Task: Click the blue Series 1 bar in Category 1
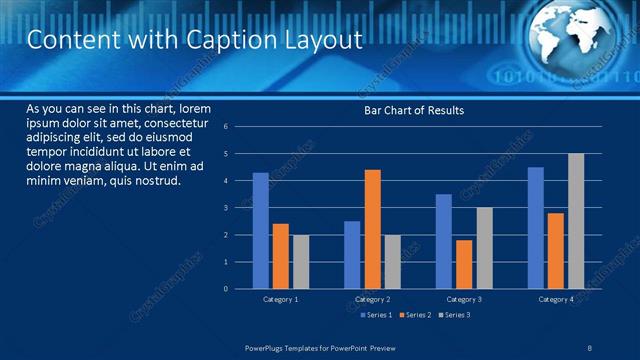pos(260,231)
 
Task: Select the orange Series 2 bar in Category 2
pos(372,229)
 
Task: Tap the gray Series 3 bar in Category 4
pos(576,221)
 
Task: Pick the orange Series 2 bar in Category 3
pos(464,264)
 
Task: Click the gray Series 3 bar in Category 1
pos(300,262)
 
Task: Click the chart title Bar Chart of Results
pos(413,110)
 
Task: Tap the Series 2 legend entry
pos(413,315)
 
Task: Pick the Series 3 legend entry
pos(453,315)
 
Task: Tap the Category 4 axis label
pos(555,299)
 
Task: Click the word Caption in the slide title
pos(218,40)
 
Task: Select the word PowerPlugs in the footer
pos(268,347)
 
